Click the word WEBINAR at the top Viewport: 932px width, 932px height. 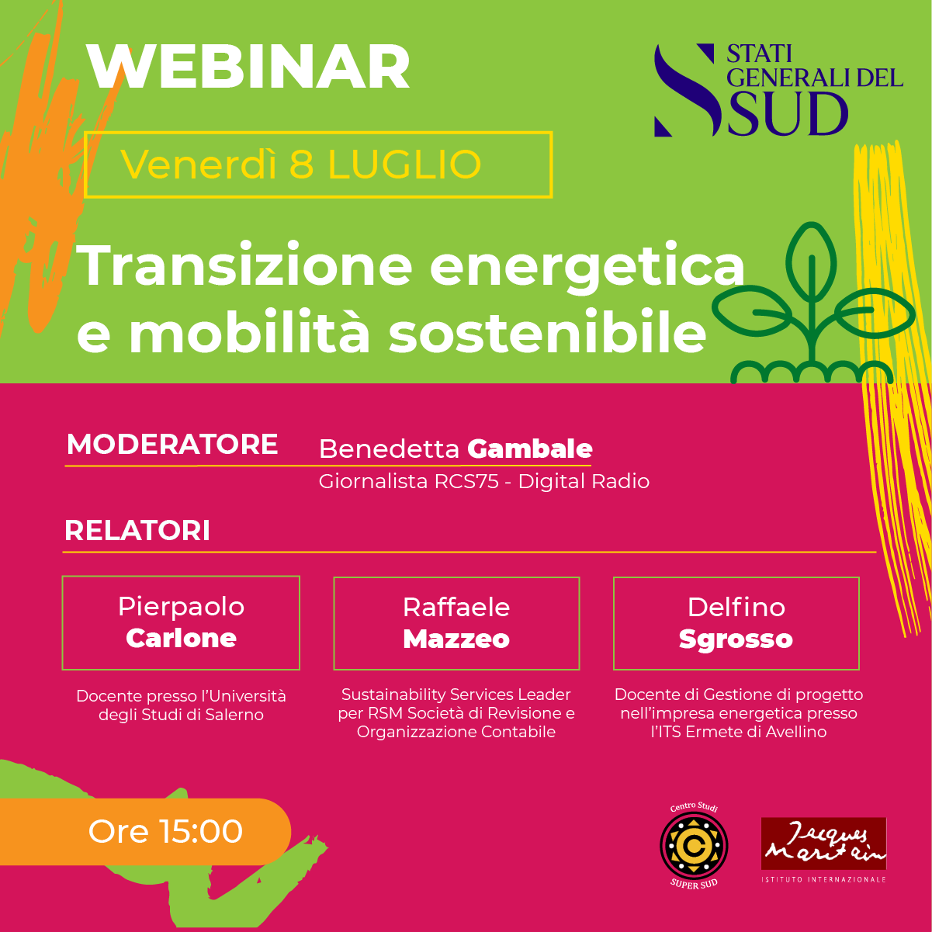pos(248,68)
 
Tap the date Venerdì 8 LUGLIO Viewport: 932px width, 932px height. pos(301,165)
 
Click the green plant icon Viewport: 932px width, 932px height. pos(812,305)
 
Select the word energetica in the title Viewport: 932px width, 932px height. pos(587,268)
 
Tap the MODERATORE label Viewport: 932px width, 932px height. pos(172,444)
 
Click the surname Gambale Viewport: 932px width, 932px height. pos(529,449)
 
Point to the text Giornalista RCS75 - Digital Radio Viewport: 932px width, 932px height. pos(483,482)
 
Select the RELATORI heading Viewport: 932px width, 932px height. pos(137,531)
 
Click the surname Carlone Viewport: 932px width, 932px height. pos(181,638)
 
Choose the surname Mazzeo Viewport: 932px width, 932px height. pos(456,639)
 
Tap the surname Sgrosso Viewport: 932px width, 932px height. pos(736,640)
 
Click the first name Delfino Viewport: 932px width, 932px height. pos(736,607)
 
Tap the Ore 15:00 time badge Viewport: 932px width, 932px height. pos(145,832)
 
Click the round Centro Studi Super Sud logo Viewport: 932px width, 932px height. pos(694,845)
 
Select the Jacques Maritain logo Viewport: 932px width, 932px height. pos(823,850)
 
